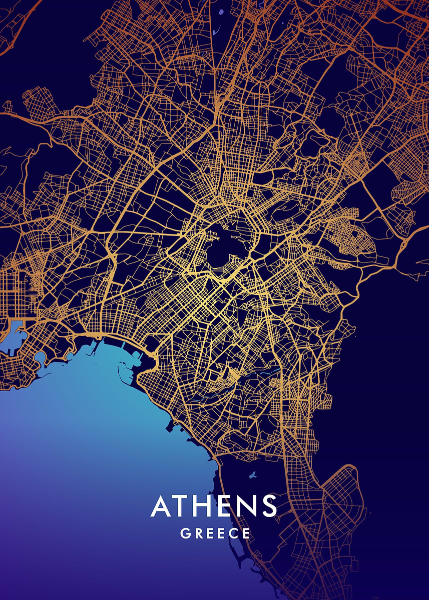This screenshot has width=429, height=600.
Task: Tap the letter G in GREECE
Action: [x=185, y=533]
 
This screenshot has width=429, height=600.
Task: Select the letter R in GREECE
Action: [x=197, y=533]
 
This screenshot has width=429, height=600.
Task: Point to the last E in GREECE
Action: [x=246, y=533]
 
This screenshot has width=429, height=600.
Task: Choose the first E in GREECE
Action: [x=209, y=533]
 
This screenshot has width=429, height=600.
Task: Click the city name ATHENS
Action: [x=214, y=506]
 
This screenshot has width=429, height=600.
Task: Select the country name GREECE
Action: [x=215, y=533]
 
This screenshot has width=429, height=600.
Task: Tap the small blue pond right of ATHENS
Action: [x=252, y=474]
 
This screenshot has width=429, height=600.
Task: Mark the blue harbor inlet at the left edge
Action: [x=13, y=332]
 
